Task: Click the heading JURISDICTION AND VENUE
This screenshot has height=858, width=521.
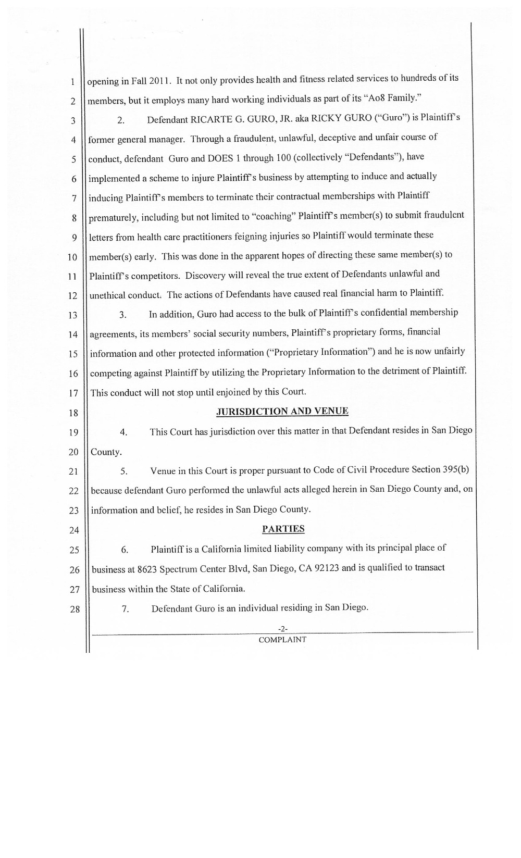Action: coord(282,411)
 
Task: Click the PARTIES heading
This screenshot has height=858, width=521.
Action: coord(283,529)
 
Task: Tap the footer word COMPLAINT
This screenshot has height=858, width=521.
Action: coord(282,639)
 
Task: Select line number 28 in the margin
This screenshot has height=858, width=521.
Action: coord(75,609)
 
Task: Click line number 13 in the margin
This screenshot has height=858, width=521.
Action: coord(72,315)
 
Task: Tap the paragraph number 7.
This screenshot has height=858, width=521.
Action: coord(125,608)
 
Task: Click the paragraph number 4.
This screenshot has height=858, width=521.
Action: coord(123,432)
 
